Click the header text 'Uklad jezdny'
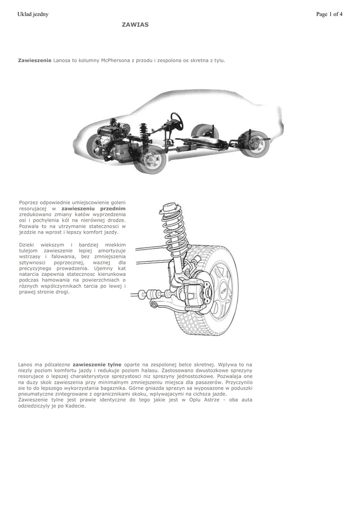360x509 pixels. [33, 14]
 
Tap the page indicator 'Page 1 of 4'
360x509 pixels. [329, 14]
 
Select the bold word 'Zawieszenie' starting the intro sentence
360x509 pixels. [35, 60]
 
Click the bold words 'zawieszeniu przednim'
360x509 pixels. [93, 209]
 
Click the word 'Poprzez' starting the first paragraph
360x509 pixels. [29, 202]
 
